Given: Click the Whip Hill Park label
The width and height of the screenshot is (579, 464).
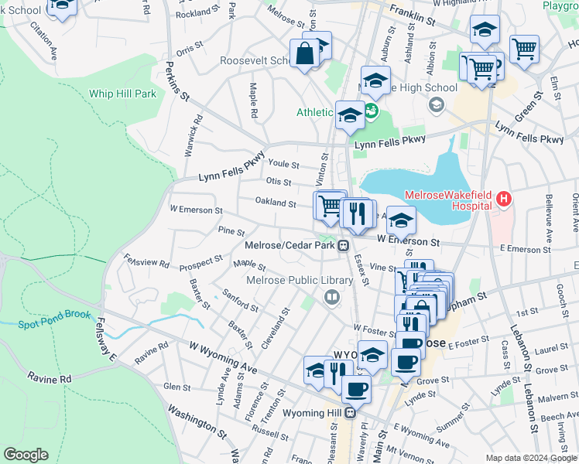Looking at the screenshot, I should coord(122,94).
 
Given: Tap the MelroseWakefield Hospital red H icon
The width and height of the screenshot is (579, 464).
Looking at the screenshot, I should coord(504,199).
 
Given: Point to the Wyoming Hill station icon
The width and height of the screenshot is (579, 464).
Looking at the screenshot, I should coord(351,412).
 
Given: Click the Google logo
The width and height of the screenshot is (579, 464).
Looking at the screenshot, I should coord(26,455).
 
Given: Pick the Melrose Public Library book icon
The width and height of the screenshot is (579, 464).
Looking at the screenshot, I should coord(332,297).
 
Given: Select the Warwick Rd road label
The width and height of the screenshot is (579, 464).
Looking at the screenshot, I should coord(193,136).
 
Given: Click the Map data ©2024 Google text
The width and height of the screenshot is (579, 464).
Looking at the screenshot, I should coord(530,458).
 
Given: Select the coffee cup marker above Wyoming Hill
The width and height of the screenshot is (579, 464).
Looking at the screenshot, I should coord(356,388).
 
